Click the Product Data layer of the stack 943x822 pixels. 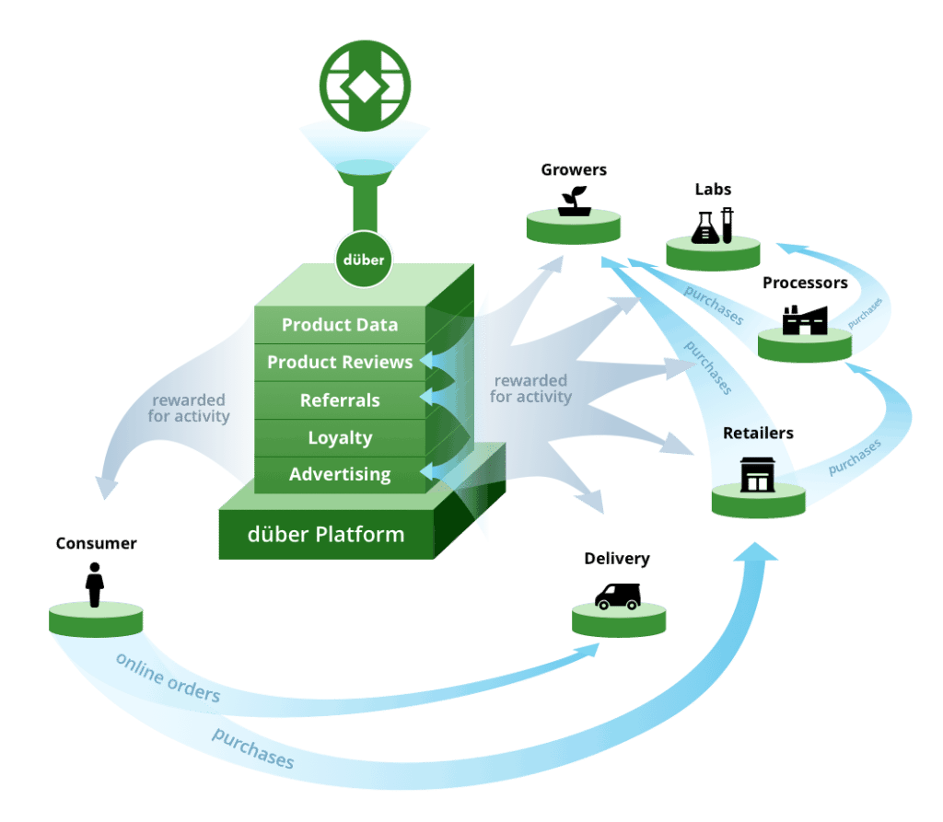[x=340, y=325]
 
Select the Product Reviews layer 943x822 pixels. [x=340, y=363]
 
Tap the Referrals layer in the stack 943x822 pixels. [x=340, y=400]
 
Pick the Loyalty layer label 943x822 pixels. [x=340, y=438]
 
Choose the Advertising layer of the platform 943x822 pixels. [x=340, y=475]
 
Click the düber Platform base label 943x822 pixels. [x=326, y=534]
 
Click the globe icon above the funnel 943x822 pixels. [x=365, y=85]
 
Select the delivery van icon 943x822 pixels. [x=617, y=596]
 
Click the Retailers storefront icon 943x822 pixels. [x=757, y=474]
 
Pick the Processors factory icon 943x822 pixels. [x=803, y=318]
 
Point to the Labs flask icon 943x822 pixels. [x=712, y=225]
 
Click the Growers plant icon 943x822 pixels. [x=574, y=199]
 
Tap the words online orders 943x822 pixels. [x=168, y=677]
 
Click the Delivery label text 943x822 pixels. [x=617, y=559]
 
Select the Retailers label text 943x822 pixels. [x=758, y=433]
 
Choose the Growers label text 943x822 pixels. [x=574, y=169]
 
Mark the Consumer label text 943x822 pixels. [x=96, y=543]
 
